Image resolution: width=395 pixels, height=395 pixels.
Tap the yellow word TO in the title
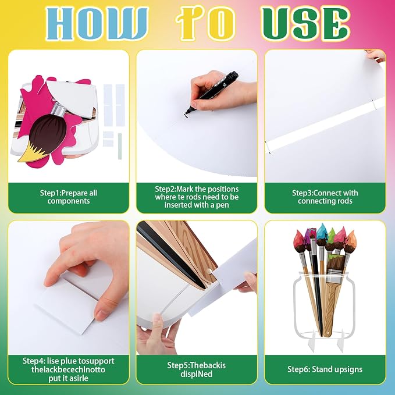[x=205, y=24]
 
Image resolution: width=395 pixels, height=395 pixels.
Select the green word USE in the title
[x=305, y=24]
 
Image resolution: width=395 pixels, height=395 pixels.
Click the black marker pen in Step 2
[x=212, y=92]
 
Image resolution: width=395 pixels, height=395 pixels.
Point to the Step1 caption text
[x=69, y=197]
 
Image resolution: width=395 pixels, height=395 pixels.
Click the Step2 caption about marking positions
[x=197, y=197]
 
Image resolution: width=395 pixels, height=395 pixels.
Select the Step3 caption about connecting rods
[x=325, y=197]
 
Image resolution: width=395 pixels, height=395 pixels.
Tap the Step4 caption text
[x=69, y=369]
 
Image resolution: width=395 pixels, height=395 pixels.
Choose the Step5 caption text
[x=197, y=369]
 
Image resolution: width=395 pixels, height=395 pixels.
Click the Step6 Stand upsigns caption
[x=325, y=369]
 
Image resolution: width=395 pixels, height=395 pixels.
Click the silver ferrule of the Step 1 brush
[x=58, y=111]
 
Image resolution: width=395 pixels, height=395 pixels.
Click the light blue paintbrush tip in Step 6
[x=322, y=232]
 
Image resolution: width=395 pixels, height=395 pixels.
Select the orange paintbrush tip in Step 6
[x=351, y=239]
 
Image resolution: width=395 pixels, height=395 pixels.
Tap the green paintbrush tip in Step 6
[x=331, y=237]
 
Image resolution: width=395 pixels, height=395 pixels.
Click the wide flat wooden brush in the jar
[x=332, y=295]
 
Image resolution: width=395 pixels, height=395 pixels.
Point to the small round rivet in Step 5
[x=209, y=271]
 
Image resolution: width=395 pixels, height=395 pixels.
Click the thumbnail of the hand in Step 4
[x=101, y=314]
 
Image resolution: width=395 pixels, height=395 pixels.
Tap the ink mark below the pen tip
[x=186, y=116]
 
